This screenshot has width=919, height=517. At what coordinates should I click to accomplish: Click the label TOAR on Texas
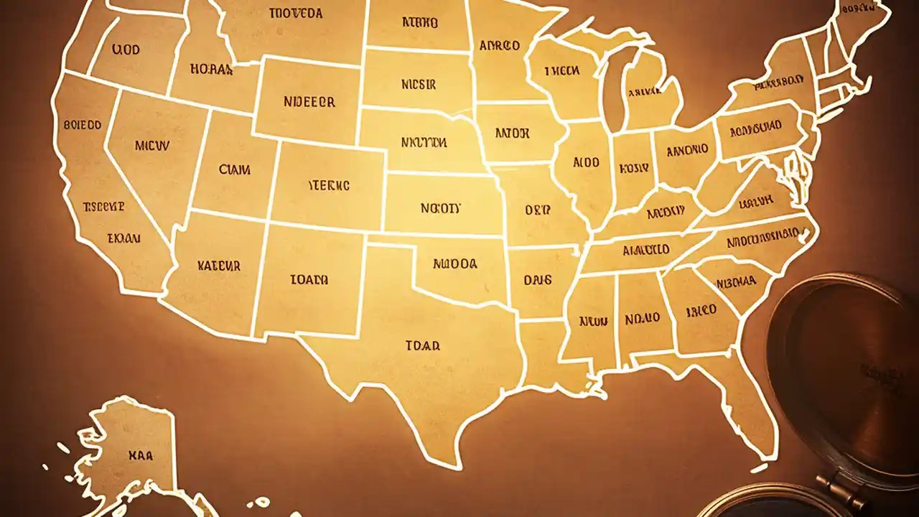[x=422, y=345]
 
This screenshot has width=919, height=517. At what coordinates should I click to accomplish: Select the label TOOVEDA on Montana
[x=295, y=13]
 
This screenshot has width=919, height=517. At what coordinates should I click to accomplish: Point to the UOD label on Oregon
[x=126, y=50]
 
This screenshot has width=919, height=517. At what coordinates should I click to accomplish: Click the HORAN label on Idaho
[x=211, y=70]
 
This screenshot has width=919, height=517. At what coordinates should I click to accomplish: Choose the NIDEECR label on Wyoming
[x=309, y=102]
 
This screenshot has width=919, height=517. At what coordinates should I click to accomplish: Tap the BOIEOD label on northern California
[x=82, y=125]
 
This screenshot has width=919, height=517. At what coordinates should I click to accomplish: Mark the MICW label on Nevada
[x=151, y=146]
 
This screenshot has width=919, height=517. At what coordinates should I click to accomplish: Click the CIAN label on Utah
[x=235, y=170]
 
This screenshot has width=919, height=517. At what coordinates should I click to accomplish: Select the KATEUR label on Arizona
[x=218, y=265]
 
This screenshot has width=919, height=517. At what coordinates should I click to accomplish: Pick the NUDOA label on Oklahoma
[x=455, y=264]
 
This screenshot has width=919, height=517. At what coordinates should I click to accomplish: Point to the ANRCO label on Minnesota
[x=499, y=46]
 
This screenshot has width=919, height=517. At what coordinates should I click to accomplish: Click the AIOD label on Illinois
[x=586, y=163]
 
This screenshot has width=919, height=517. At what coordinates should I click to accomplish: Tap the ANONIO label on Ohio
[x=687, y=151]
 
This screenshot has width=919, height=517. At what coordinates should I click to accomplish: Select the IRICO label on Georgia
[x=700, y=311]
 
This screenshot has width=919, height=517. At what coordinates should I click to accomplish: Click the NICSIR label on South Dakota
[x=419, y=84]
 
